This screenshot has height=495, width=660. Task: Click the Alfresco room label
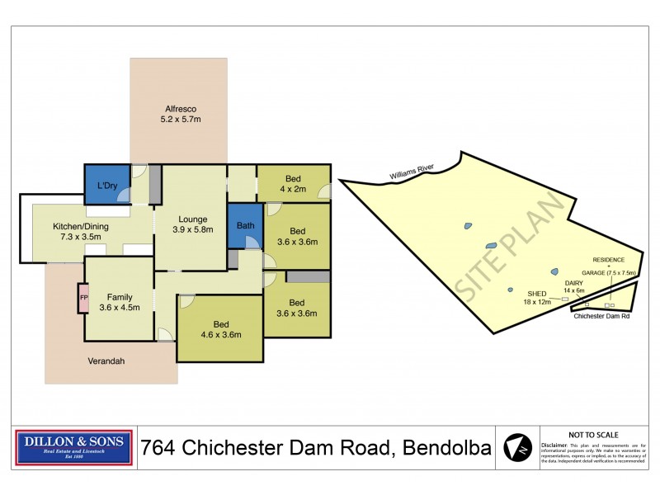click(x=181, y=114)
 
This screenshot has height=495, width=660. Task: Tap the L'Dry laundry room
click(x=106, y=185)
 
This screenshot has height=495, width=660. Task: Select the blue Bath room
click(x=245, y=225)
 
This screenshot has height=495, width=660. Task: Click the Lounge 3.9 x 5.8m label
click(x=191, y=224)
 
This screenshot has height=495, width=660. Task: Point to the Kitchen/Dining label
click(x=81, y=232)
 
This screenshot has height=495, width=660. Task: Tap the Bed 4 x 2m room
click(x=293, y=183)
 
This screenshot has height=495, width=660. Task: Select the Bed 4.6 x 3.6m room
click(x=220, y=329)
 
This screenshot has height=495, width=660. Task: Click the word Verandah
click(x=107, y=361)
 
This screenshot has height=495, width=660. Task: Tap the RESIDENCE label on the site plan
click(x=608, y=259)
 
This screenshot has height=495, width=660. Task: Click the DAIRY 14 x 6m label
click(x=573, y=286)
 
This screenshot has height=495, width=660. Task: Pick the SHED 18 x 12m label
click(x=536, y=297)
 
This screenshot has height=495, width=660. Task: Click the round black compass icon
click(x=516, y=448)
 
